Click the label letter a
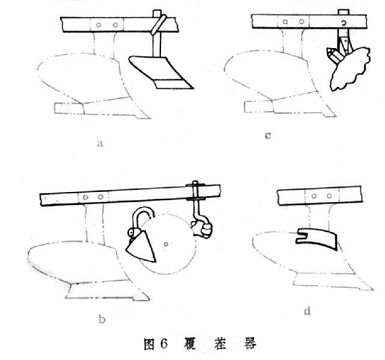coord(100,143)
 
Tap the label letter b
coord(102,319)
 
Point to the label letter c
coord(268,136)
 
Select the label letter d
coord(308,311)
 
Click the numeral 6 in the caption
coord(164,344)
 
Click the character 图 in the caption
coord(149,344)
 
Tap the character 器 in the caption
coord(250,343)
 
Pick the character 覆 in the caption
coord(190,343)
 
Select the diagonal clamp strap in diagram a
coord(159,24)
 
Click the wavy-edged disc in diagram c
coord(350,68)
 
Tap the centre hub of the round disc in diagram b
coord(166,244)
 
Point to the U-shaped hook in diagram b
coord(144,213)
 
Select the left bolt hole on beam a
coord(99,25)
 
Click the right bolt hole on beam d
coord(329,196)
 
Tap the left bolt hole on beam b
coord(85,197)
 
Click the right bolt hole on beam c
coord(302,22)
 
